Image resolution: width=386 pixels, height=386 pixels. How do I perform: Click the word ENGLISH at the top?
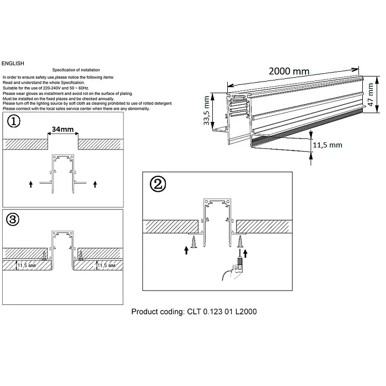(13, 64)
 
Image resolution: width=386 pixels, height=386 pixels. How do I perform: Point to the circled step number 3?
(13, 220)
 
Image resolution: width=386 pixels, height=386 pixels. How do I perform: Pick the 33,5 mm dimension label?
(206, 111)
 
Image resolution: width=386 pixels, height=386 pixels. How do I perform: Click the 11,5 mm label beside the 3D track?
(328, 145)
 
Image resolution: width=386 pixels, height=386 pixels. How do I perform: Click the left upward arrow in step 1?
(31, 183)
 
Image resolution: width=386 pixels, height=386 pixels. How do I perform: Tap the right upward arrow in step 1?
(95, 183)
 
